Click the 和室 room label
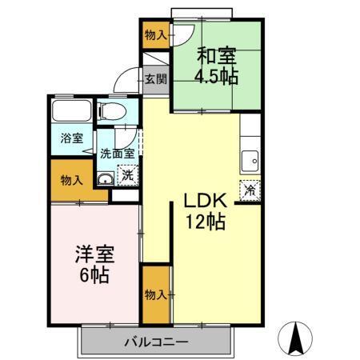(x=217, y=58)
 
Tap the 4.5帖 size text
(x=217, y=78)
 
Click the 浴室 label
(x=72, y=138)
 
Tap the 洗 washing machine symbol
(x=126, y=172)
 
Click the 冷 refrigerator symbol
(x=250, y=190)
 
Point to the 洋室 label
(x=94, y=256)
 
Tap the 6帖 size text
(x=94, y=277)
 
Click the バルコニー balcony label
(x=155, y=342)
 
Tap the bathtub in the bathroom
(x=72, y=111)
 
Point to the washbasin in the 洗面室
(x=105, y=178)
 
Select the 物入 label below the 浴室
(x=71, y=181)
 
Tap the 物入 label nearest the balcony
(x=155, y=295)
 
